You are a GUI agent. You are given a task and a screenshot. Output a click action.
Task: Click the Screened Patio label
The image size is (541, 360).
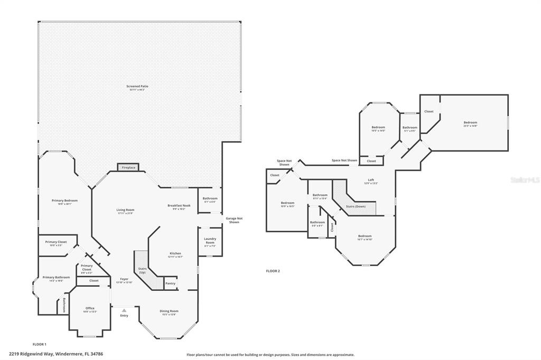click(x=136, y=87)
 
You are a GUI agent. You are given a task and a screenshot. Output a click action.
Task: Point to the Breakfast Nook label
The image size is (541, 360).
click(x=176, y=206)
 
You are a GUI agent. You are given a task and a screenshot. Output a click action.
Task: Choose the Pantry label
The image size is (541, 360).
click(x=170, y=283)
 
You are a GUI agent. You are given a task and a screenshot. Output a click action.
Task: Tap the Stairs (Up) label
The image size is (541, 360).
click(x=142, y=270)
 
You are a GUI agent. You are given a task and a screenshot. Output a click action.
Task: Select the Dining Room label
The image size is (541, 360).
click(x=169, y=312)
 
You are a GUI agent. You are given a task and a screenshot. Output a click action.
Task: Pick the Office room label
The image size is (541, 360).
click(x=90, y=309)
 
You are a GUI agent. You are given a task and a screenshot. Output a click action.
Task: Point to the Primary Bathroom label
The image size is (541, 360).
click(x=56, y=278)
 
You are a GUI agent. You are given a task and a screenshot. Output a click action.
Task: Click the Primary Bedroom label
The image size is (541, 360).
click(x=64, y=202)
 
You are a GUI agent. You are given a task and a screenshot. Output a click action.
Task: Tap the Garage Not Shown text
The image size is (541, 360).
click(x=232, y=220)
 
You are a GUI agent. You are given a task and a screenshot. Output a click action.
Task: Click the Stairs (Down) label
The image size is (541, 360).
click(x=356, y=206)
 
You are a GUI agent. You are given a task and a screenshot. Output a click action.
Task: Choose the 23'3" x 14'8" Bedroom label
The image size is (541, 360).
click(x=470, y=124)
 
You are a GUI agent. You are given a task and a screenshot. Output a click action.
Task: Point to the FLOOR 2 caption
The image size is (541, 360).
click(x=273, y=271)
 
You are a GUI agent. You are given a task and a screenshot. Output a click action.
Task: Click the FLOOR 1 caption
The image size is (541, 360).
click(x=40, y=344)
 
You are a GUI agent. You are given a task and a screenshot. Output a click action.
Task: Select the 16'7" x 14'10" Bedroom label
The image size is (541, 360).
click(x=365, y=237)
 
